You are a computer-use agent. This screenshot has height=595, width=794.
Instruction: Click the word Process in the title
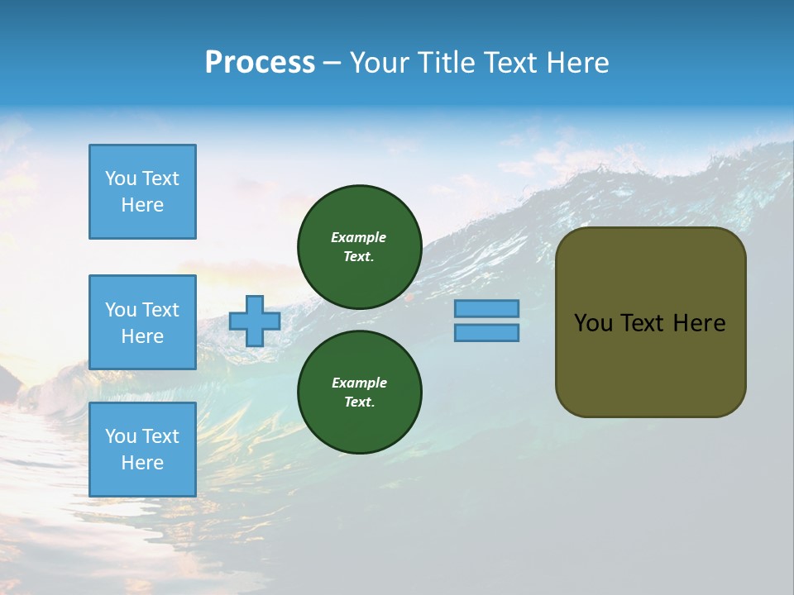pyautogui.click(x=260, y=63)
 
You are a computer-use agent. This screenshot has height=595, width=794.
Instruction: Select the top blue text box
pyautogui.click(x=142, y=192)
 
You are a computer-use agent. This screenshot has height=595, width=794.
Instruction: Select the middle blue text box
pyautogui.click(x=142, y=322)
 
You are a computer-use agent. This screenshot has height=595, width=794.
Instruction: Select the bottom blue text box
pyautogui.click(x=142, y=449)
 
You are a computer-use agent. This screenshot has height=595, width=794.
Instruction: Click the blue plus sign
pyautogui.click(x=254, y=321)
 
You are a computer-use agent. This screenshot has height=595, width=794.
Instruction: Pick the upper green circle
pyautogui.click(x=359, y=246)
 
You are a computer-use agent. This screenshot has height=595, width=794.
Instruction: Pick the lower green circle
pyautogui.click(x=359, y=392)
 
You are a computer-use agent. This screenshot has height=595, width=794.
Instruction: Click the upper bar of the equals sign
pyautogui.click(x=486, y=308)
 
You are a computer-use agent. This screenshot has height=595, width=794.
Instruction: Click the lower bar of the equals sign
pyautogui.click(x=486, y=332)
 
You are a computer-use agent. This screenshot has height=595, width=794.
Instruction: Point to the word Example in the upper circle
pyautogui.click(x=359, y=237)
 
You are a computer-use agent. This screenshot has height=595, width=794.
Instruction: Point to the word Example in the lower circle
pyautogui.click(x=359, y=383)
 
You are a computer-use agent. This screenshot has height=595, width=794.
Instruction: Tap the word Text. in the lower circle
pyautogui.click(x=359, y=402)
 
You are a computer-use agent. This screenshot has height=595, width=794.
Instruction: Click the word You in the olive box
pyautogui.click(x=594, y=323)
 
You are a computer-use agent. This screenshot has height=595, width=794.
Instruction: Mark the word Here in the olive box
pyautogui.click(x=699, y=323)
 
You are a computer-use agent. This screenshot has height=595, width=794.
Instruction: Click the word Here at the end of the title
pyautogui.click(x=578, y=63)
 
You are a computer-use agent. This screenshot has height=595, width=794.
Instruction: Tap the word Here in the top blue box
pyautogui.click(x=142, y=205)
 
